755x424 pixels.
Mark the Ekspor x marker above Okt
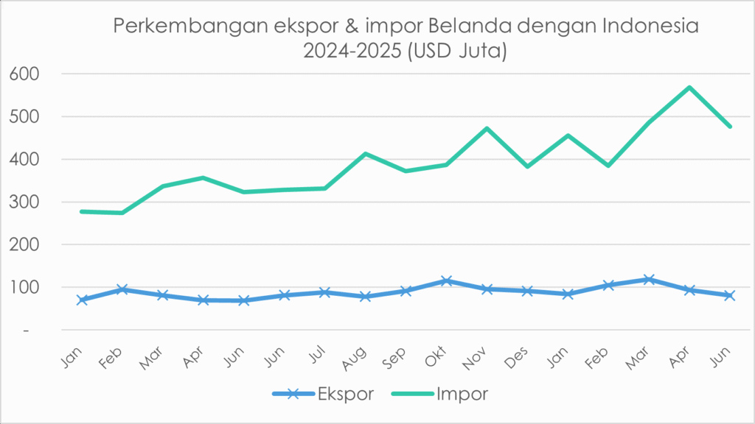[446, 281]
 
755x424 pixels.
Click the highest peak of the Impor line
[689, 88]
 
